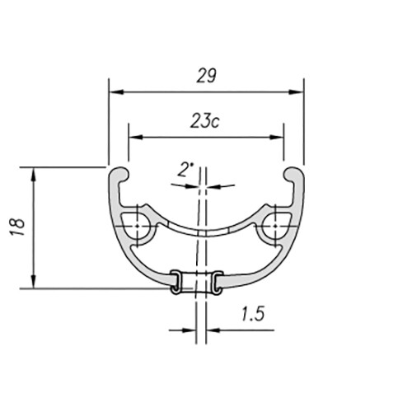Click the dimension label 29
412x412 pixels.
pyautogui.click(x=207, y=76)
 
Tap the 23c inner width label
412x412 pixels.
pyautogui.click(x=205, y=121)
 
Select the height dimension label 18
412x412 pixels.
pyautogui.click(x=17, y=227)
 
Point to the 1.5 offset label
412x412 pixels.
pyautogui.click(x=253, y=314)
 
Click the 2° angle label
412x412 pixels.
pyautogui.click(x=185, y=170)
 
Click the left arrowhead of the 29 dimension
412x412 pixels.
pyautogui.click(x=116, y=92)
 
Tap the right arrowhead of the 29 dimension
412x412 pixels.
pyautogui.click(x=296, y=92)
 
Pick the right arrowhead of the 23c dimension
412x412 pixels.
pyautogui.click(x=276, y=137)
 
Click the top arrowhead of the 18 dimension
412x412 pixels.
pyautogui.click(x=34, y=175)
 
